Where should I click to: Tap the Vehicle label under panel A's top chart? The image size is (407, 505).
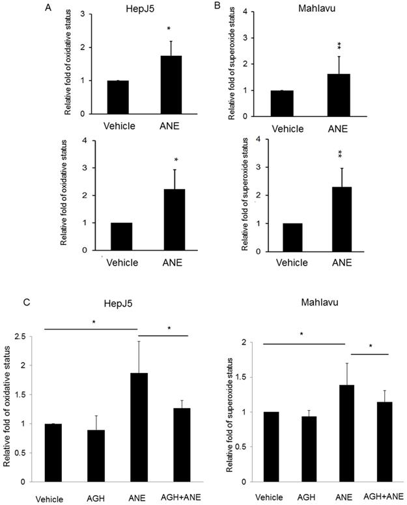118,126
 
